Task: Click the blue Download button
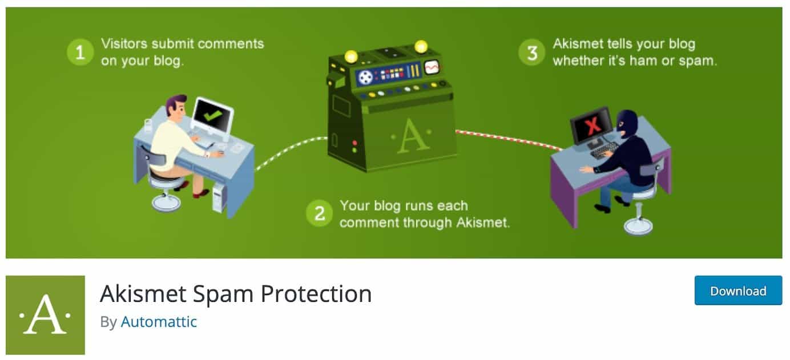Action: click(x=738, y=290)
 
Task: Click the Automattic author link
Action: click(x=159, y=322)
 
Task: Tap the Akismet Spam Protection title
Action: click(x=236, y=293)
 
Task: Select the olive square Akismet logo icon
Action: click(x=45, y=315)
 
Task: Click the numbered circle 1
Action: click(x=80, y=52)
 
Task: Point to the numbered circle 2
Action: click(x=319, y=213)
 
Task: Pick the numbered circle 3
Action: click(x=532, y=52)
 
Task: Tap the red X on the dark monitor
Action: click(x=593, y=124)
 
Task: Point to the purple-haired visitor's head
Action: click(x=176, y=107)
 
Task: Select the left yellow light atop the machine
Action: click(x=351, y=56)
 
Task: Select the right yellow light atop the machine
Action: click(x=421, y=46)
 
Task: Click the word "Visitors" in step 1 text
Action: click(x=124, y=44)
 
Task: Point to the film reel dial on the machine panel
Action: click(x=365, y=76)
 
